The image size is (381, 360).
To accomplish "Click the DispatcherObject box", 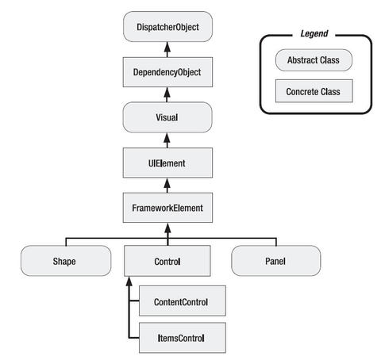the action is [x=167, y=27].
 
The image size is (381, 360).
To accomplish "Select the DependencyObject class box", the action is [x=167, y=72].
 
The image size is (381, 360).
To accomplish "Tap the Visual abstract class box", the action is [x=167, y=117].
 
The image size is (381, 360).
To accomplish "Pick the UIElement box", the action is [x=167, y=163].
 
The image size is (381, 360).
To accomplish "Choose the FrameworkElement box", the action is [x=167, y=208].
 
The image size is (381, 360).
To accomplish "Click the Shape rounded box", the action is [x=66, y=261].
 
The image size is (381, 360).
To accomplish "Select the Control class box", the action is [x=167, y=261].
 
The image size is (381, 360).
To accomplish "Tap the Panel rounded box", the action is [x=276, y=261].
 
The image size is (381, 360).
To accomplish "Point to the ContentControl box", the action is [x=183, y=301].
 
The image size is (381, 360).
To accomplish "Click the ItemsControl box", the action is [x=183, y=338].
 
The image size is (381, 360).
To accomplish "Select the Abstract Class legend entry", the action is [x=314, y=60].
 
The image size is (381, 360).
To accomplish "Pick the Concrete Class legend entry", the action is [x=314, y=91].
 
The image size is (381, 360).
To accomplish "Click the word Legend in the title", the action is [x=314, y=33].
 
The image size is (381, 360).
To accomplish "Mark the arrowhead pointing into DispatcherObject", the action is [x=167, y=47].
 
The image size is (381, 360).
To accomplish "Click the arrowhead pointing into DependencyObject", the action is [x=167, y=92].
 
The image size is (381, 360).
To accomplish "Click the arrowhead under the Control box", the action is [x=129, y=281].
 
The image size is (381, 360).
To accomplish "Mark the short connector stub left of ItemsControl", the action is [x=134, y=338].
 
